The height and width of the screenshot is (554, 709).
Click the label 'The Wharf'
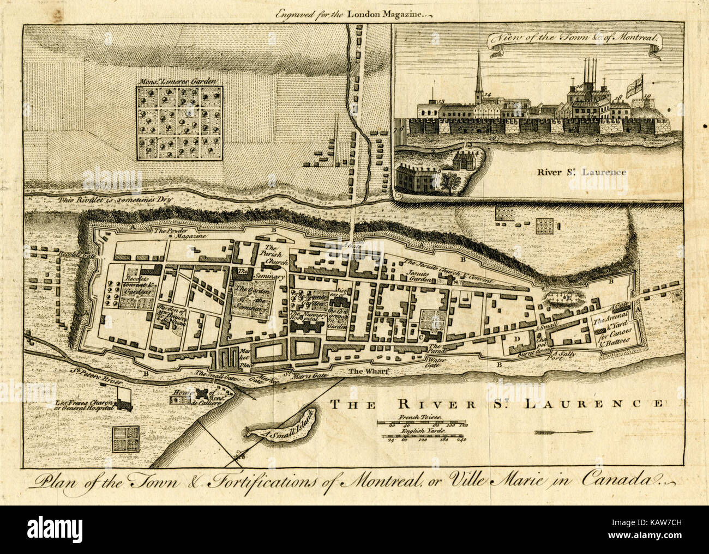tap(363, 372)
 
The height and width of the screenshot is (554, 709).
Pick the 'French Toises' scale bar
tap(424, 423)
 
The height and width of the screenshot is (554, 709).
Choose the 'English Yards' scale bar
tap(424, 437)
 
